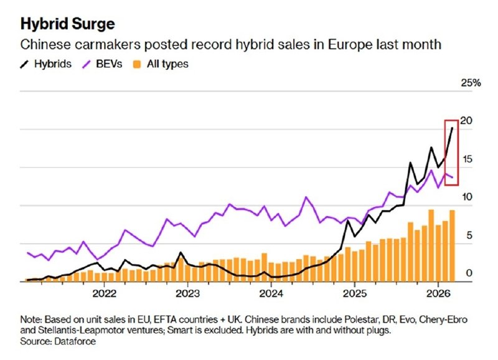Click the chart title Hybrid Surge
67,24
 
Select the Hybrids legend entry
45,64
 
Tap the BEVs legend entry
102,64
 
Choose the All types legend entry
161,64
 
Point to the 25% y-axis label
471,83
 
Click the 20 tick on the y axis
466,121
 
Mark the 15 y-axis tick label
467,159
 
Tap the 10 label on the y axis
467,197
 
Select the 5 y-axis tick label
469,235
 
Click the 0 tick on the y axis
469,273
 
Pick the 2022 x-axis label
104,293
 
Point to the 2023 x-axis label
188,293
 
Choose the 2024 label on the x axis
271,293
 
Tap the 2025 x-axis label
355,293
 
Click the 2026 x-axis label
438,293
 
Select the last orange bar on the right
452,246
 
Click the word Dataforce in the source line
75,341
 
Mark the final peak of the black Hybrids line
453,128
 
